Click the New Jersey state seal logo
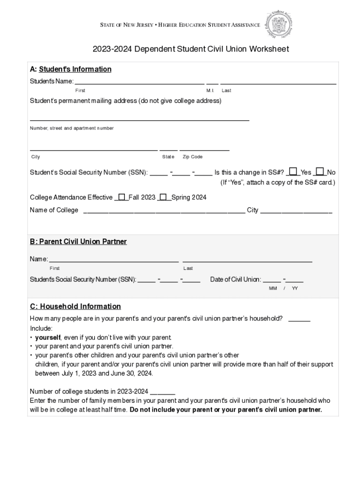click(280, 23)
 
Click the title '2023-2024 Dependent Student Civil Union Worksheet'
click(190, 49)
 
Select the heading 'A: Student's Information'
click(71, 69)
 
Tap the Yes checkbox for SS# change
click(293, 172)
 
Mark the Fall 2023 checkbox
click(122, 197)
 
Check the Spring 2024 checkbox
click(164, 197)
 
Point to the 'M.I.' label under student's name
click(210, 90)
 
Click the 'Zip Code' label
click(192, 157)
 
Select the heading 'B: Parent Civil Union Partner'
click(78, 242)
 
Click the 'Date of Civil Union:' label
click(236, 280)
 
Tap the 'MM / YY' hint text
click(283, 288)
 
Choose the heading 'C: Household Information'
click(75, 306)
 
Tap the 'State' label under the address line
click(168, 157)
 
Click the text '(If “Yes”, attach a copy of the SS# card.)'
click(278, 182)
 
